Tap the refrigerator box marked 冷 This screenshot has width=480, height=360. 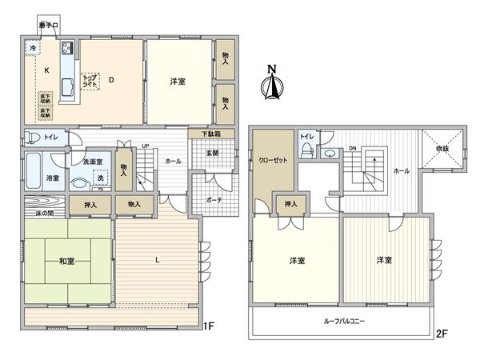pyautogui.click(x=33, y=48)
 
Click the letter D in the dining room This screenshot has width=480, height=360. pyautogui.click(x=111, y=79)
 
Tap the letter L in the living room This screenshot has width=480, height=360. pyautogui.click(x=157, y=262)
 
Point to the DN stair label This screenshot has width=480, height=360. pyautogui.click(x=353, y=148)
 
